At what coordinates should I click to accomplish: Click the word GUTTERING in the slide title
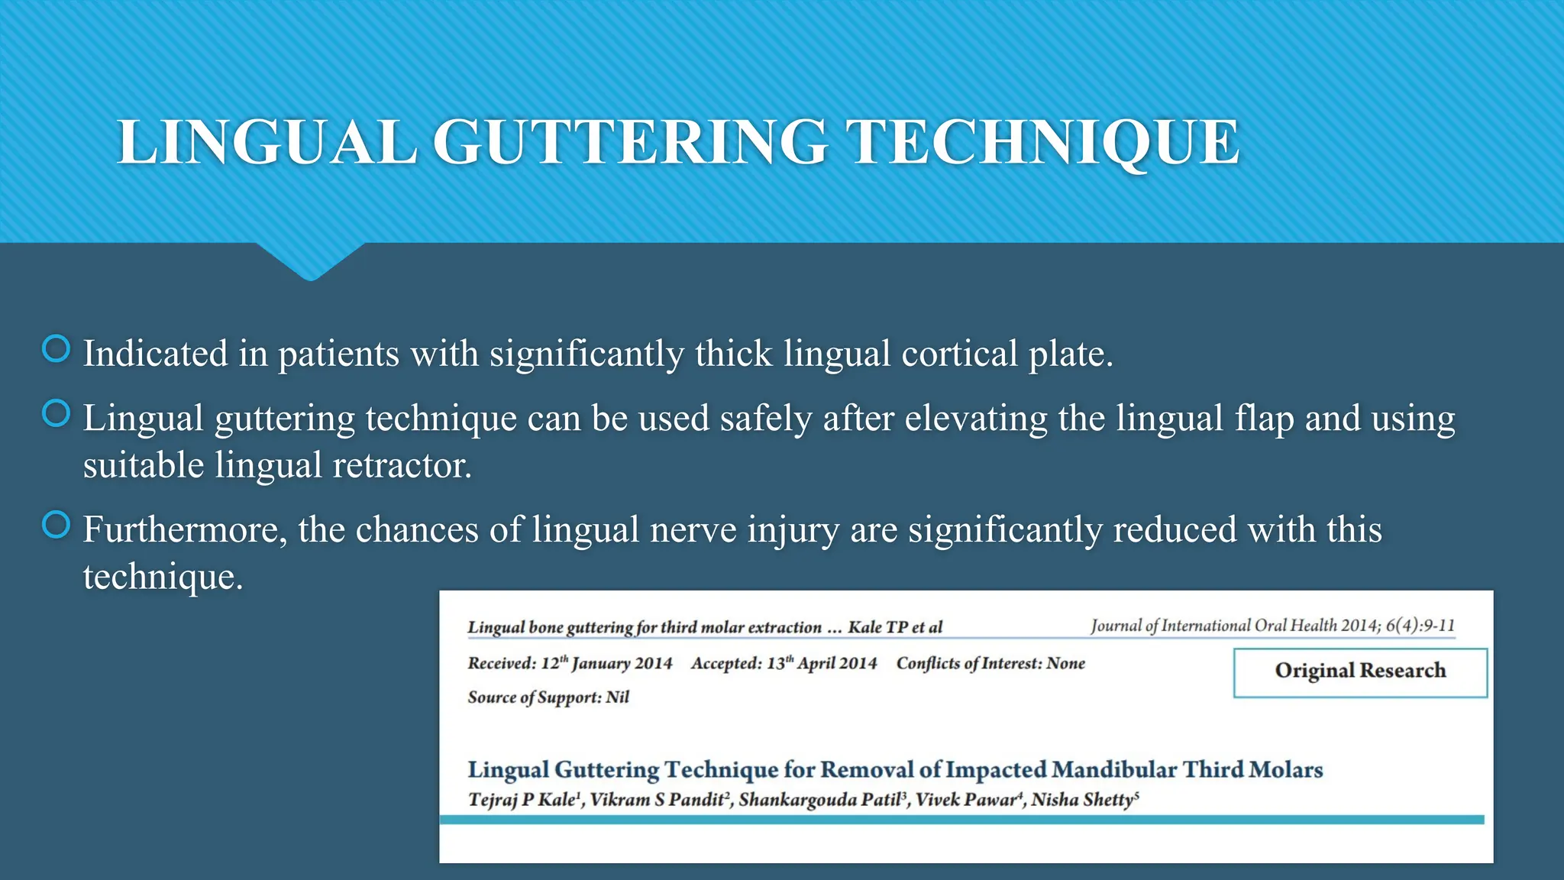630,142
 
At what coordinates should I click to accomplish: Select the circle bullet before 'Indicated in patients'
56,349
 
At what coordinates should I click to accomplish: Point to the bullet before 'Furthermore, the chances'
56,525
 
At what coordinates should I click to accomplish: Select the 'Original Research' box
1360,671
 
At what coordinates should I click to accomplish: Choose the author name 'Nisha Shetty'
1084,800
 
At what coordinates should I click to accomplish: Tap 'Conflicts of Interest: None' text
990,663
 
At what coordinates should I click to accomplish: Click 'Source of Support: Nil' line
548,697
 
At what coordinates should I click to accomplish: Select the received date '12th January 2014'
606,663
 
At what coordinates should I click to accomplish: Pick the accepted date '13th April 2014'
822,663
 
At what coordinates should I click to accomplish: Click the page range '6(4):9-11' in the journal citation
1420,626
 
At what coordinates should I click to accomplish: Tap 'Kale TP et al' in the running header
895,627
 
